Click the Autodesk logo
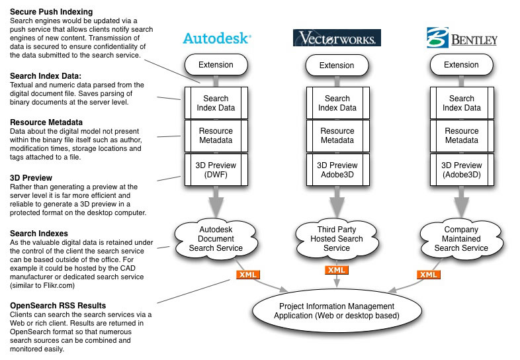click(x=217, y=38)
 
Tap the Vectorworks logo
click(x=337, y=38)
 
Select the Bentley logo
click(x=462, y=38)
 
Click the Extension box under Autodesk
click(x=216, y=65)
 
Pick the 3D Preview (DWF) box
click(x=216, y=169)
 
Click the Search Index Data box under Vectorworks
click(x=337, y=103)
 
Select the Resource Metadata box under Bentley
click(x=462, y=136)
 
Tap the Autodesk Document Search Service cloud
click(x=216, y=239)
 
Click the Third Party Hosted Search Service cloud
click(x=337, y=239)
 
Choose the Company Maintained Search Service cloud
click(x=461, y=239)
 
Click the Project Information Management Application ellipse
click(x=337, y=311)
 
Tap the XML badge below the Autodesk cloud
click(x=247, y=275)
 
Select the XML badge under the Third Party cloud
click(x=337, y=270)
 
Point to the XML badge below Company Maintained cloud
click(x=429, y=275)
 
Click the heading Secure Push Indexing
click(x=52, y=12)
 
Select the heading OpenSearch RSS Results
click(x=58, y=306)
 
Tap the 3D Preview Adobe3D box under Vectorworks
click(x=337, y=169)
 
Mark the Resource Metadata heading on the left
click(x=46, y=122)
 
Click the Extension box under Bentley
click(x=461, y=65)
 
